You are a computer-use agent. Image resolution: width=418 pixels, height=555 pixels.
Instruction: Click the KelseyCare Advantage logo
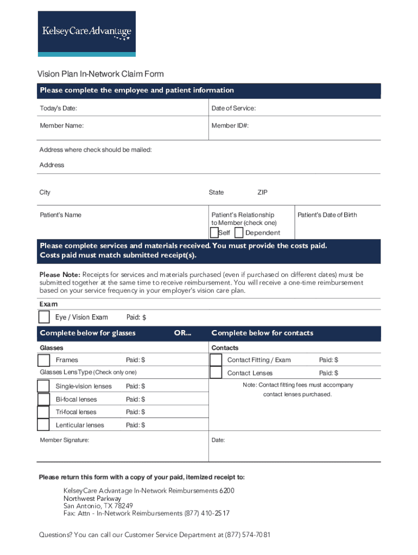click(87, 34)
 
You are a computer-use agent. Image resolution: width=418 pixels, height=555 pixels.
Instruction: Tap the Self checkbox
click(214, 233)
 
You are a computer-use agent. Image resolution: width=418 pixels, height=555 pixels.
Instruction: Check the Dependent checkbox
click(238, 233)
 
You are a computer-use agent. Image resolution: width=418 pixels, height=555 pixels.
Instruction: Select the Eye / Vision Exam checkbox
click(44, 317)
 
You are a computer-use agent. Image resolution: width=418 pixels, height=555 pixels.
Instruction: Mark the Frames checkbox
click(44, 360)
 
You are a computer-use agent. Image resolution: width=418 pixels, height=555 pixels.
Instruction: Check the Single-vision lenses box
click(43, 386)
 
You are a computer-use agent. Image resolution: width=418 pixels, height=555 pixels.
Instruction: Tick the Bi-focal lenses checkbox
click(43, 399)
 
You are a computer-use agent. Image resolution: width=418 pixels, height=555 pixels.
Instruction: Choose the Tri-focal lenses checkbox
click(43, 412)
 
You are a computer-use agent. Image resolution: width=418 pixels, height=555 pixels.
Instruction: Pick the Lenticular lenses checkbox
click(43, 425)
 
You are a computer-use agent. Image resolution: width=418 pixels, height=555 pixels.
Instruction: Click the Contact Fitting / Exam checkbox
click(216, 360)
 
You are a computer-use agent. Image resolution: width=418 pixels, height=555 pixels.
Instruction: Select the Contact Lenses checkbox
click(216, 373)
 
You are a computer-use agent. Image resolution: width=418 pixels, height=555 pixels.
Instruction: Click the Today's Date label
click(59, 108)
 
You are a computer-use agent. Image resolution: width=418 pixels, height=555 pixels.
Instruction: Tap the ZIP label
click(262, 192)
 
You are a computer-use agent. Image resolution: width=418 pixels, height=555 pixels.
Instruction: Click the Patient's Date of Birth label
click(327, 215)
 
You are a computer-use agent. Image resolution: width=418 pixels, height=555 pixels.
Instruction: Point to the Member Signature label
click(65, 440)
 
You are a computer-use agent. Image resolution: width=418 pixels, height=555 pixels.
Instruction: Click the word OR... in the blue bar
click(182, 333)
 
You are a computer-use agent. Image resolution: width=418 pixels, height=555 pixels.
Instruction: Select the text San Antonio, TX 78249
click(98, 506)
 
